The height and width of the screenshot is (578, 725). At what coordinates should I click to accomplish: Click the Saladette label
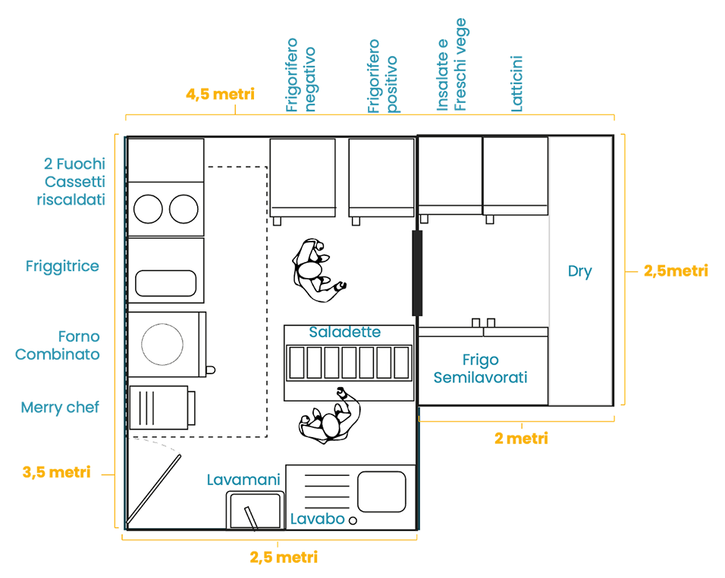(x=345, y=333)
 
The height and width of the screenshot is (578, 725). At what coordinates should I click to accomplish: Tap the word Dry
(x=579, y=271)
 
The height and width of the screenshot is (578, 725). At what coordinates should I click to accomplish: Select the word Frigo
(x=480, y=360)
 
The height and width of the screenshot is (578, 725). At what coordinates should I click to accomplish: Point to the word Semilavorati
(x=480, y=376)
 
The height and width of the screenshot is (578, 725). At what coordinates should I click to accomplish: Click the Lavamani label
(x=243, y=480)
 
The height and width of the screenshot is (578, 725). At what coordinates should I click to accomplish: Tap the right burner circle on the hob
(x=184, y=209)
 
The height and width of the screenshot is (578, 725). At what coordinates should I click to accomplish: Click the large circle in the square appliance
(x=163, y=345)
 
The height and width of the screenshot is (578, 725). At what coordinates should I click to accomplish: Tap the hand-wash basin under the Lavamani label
(x=255, y=511)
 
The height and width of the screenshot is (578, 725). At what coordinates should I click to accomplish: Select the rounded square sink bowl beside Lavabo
(x=383, y=492)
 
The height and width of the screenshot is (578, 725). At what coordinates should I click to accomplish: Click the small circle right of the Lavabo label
(x=351, y=520)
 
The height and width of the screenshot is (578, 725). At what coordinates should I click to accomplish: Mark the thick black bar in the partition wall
(x=416, y=273)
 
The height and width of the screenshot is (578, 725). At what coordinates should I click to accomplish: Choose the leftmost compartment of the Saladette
(x=297, y=363)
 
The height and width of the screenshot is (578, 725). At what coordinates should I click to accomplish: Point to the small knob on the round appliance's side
(x=212, y=369)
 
